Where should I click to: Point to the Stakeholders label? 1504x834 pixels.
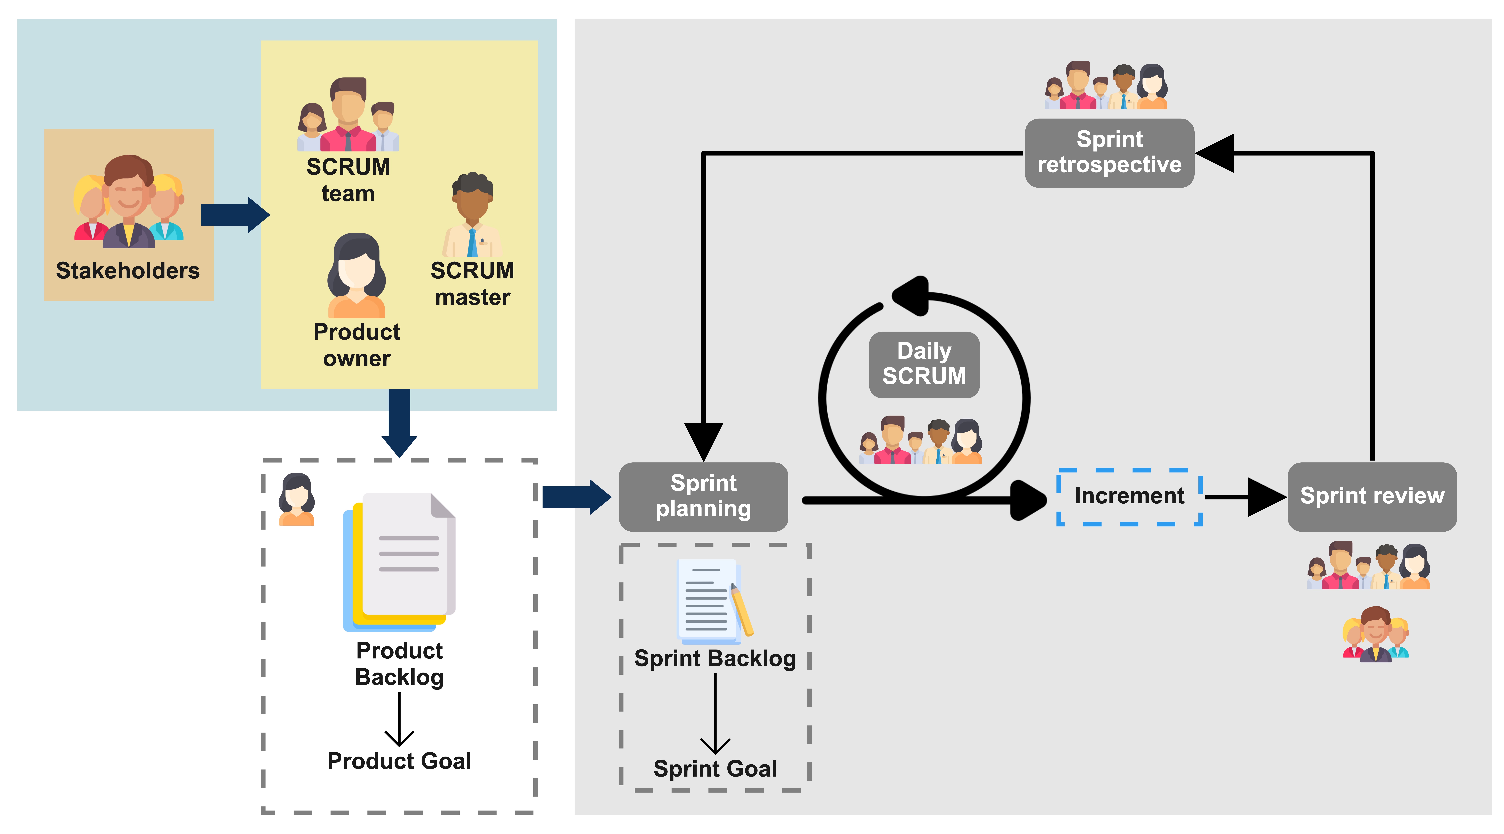pyautogui.click(x=128, y=270)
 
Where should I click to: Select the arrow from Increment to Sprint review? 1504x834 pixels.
pyautogui.click(x=1244, y=497)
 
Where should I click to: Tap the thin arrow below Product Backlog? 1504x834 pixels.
pyautogui.click(x=399, y=720)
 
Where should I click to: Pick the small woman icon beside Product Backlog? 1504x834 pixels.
pyautogui.click(x=297, y=499)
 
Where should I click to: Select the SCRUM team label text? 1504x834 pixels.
pyautogui.click(x=348, y=180)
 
